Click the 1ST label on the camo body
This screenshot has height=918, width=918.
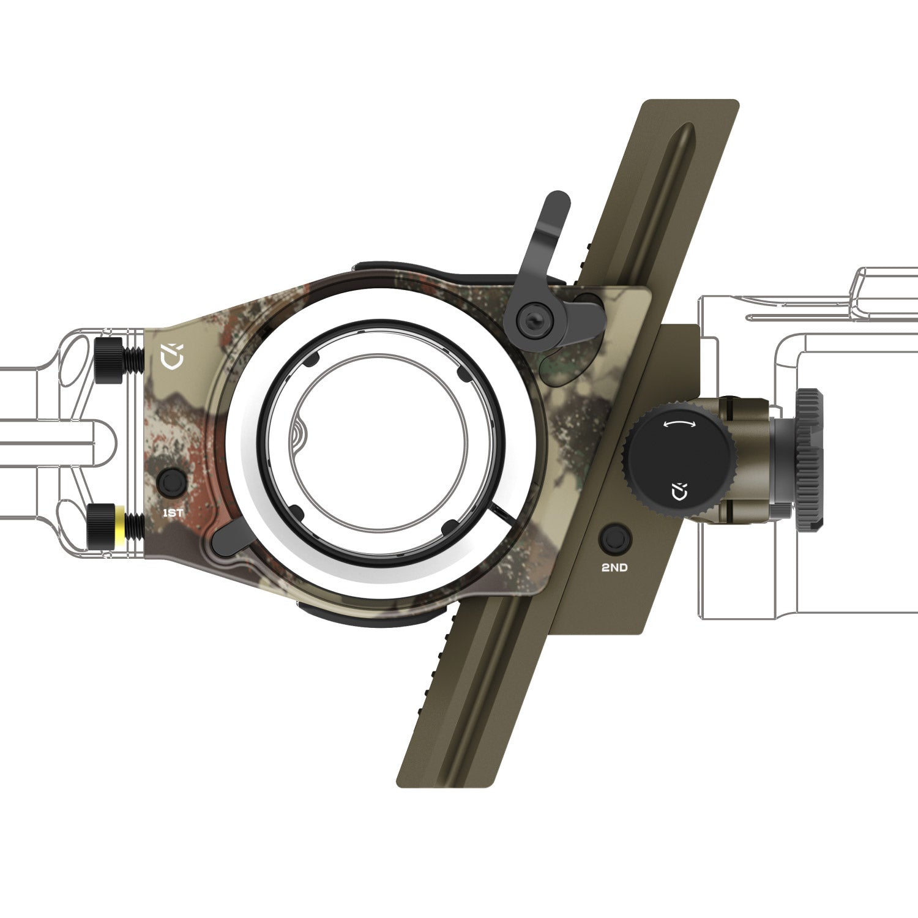(x=173, y=513)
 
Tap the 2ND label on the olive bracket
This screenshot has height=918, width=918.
(x=614, y=567)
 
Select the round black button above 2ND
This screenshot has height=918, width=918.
(x=614, y=539)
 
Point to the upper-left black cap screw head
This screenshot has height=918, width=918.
(x=110, y=360)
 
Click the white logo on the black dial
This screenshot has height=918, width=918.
(x=679, y=491)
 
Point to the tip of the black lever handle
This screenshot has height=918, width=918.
(x=558, y=202)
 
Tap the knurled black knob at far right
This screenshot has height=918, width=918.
(x=809, y=458)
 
